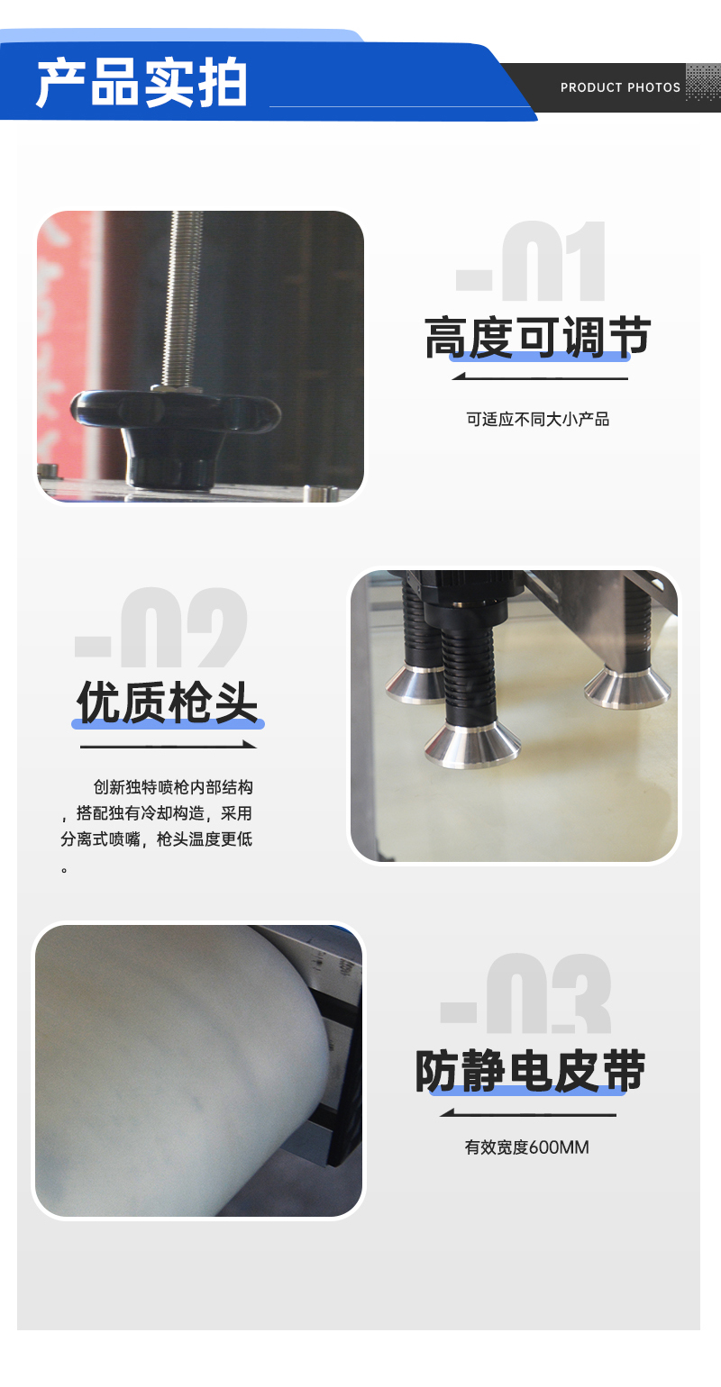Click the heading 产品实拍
142,85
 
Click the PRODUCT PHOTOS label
620,87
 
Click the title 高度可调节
537,339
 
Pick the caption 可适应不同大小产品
538,419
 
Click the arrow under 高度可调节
539,376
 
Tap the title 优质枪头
168,703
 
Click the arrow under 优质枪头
168,746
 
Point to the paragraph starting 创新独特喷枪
157,827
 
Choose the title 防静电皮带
530,1072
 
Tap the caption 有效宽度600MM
527,1147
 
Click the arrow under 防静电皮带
528,1114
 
